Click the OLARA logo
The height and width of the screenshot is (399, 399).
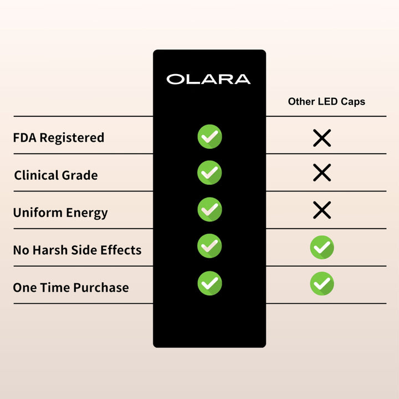208,79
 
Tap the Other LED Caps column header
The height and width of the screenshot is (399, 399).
326,102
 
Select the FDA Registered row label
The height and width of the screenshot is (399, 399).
59,137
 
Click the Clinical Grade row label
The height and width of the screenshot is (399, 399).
56,175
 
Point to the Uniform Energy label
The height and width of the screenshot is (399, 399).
60,213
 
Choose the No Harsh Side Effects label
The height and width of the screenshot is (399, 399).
77,250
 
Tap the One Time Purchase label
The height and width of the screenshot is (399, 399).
71,288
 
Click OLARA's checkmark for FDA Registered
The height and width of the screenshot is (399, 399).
209,137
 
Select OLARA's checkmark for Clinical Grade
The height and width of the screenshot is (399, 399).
209,173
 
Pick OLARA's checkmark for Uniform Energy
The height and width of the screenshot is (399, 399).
209,209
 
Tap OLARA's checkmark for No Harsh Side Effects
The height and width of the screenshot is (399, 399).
209,246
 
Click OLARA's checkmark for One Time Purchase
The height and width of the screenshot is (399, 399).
209,283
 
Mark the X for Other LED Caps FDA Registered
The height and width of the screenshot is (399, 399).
322,137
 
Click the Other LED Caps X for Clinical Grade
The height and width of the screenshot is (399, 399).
322,173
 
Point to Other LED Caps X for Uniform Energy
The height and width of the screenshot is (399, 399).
322,210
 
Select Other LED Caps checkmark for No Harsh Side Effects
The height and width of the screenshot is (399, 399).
322,247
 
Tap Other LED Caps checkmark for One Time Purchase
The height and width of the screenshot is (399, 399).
322,284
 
